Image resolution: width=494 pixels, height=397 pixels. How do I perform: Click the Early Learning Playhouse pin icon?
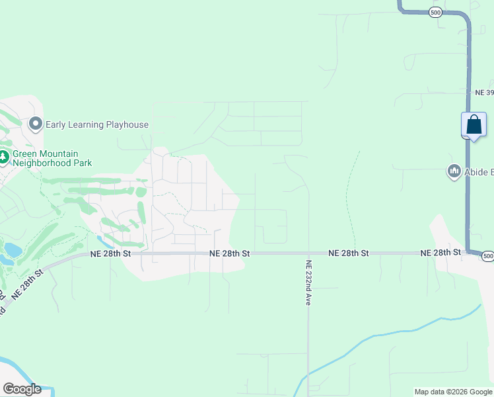pos(36,124)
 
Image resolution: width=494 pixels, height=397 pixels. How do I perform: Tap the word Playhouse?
pos(124,124)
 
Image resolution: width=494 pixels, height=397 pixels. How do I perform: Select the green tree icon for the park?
pos(3,157)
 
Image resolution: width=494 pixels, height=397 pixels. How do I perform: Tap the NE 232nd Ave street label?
pos(308,281)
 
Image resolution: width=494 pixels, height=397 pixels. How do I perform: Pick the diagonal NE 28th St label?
pos(26,285)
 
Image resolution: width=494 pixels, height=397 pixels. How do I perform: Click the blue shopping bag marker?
pos(474,124)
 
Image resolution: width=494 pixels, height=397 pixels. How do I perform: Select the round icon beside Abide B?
pos(454,172)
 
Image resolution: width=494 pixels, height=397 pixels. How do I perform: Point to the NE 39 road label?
pos(484,93)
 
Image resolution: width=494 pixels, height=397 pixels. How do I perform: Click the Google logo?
pos(22,389)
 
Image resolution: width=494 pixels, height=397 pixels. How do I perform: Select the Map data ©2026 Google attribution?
pos(453,392)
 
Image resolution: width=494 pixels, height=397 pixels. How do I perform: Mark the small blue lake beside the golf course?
pos(13,249)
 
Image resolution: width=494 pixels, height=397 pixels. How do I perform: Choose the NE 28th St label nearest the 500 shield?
pos(441,253)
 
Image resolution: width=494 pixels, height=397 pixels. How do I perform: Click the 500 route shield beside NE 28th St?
pos(487,256)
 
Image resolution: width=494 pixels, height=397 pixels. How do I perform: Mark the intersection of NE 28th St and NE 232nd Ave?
pos(308,253)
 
